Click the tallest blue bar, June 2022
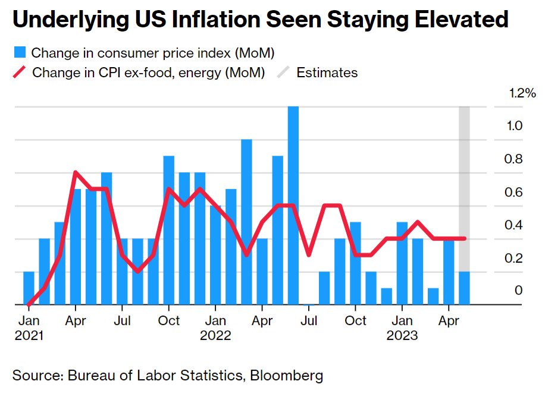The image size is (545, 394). click(293, 205)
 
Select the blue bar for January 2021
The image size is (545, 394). click(29, 288)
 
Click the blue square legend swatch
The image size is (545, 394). click(19, 53)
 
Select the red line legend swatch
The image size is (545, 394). click(20, 73)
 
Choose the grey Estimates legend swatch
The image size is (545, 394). click(284, 73)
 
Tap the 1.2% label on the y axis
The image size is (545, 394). click(522, 93)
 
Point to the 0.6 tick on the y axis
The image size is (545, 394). click(515, 193)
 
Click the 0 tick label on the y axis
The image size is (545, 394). click(519, 291)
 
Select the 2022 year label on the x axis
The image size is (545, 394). click(215, 336)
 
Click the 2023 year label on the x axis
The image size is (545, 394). click(402, 336)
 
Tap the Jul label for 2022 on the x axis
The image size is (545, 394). click(309, 321)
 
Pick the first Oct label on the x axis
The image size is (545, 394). click(170, 321)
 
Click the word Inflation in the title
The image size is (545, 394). click(211, 20)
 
